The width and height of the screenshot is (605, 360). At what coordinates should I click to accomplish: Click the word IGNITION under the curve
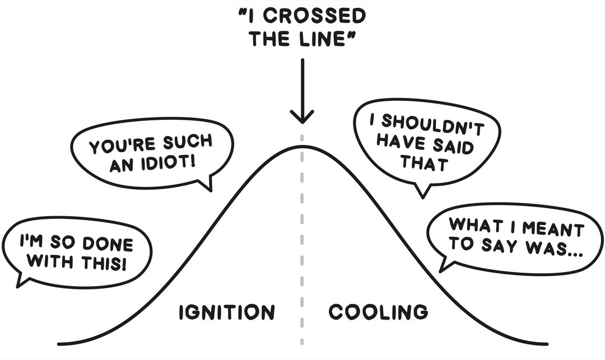click(227, 312)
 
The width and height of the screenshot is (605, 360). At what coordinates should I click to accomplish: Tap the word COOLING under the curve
click(378, 311)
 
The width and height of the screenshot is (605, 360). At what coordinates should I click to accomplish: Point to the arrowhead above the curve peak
click(302, 117)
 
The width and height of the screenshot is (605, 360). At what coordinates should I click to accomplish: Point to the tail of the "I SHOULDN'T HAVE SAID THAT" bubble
click(422, 191)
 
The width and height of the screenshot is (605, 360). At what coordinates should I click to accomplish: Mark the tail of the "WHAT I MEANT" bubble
click(444, 266)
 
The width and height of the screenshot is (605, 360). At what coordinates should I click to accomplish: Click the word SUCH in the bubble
click(188, 142)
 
